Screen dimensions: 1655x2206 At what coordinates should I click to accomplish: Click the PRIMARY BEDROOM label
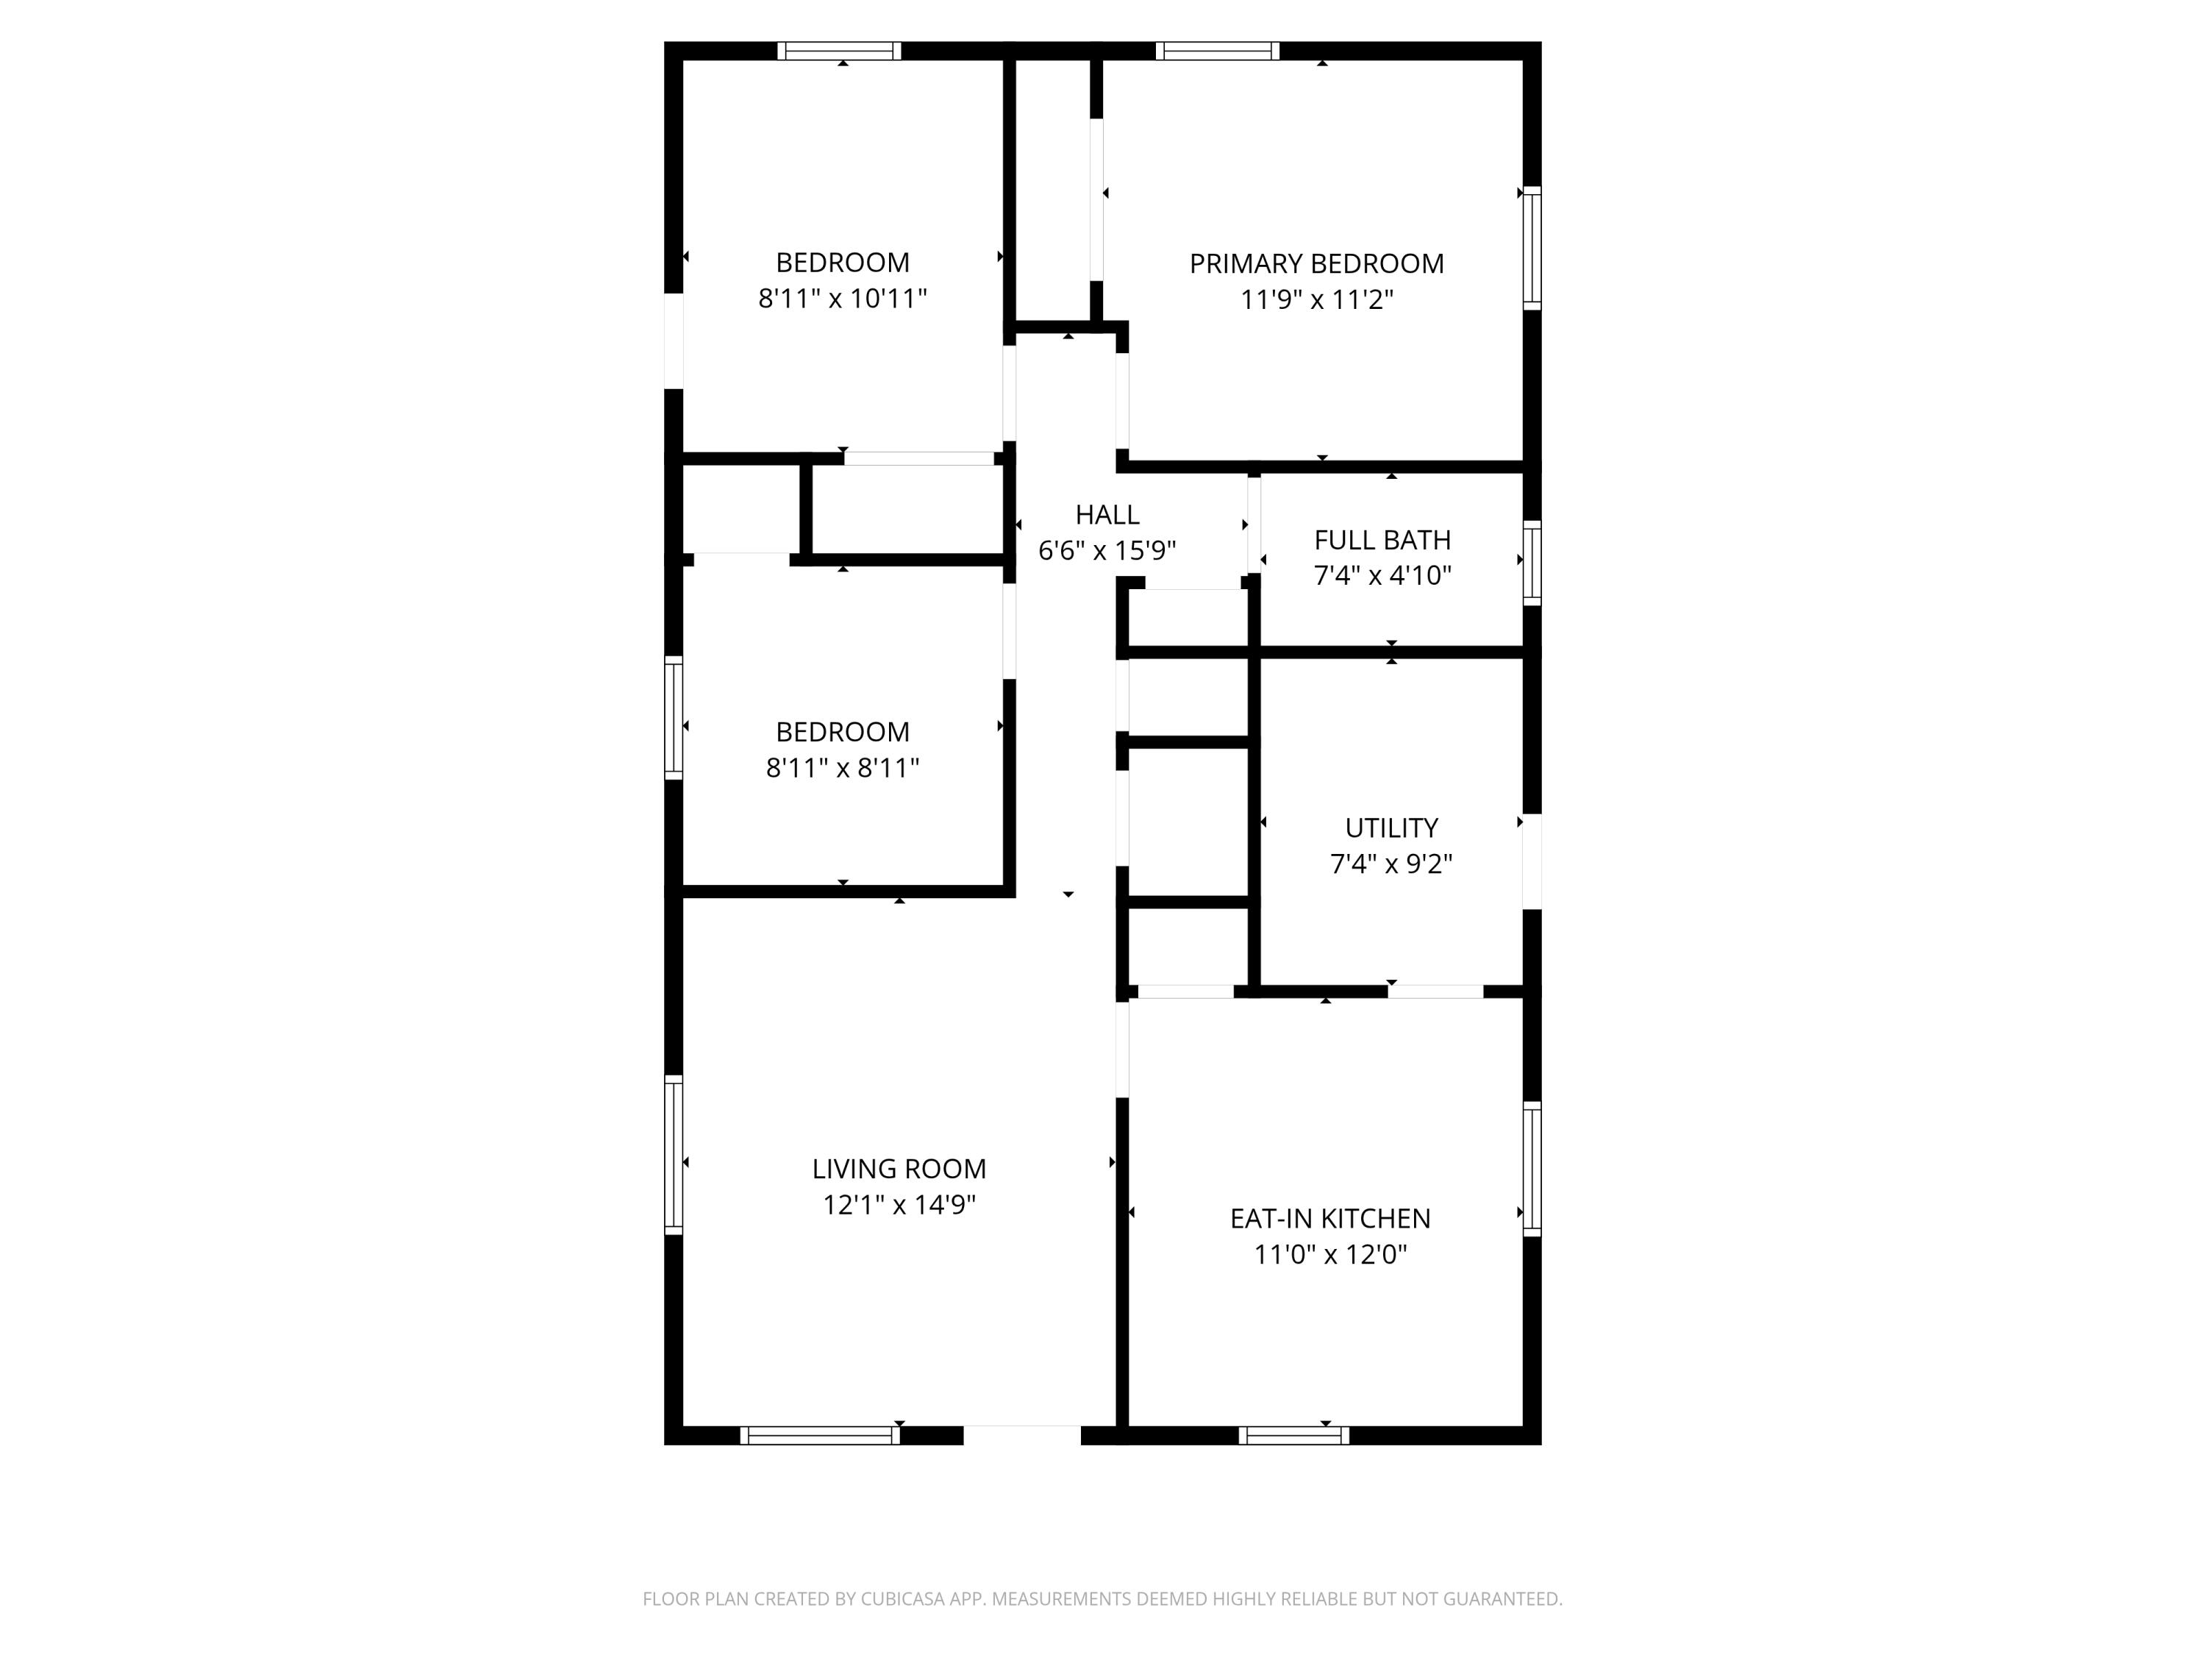[x=1316, y=263]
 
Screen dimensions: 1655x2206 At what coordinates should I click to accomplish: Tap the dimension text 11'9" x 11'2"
[x=1316, y=299]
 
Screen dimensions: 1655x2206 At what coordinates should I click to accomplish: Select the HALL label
[x=1107, y=515]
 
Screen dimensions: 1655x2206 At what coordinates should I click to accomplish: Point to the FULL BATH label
[x=1382, y=540]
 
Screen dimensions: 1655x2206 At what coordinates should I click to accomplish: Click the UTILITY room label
[x=1391, y=828]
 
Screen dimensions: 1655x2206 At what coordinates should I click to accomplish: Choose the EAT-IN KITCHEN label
[x=1330, y=1218]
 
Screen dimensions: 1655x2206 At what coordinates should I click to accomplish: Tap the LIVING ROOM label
[x=899, y=1168]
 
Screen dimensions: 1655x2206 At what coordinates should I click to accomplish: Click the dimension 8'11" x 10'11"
[x=843, y=299]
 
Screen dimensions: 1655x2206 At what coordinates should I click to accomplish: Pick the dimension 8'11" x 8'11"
[x=843, y=767]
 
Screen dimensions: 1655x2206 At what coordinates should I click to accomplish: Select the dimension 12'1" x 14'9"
[x=899, y=1204]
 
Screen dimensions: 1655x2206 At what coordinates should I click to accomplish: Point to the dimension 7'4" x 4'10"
[x=1382, y=576]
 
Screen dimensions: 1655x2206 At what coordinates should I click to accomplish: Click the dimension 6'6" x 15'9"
[x=1107, y=551]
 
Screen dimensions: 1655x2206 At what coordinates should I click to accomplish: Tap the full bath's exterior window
[x=1532, y=563]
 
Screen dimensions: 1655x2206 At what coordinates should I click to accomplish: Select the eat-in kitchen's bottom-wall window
[x=1293, y=1436]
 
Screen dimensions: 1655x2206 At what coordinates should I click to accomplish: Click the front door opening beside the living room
[x=1022, y=1436]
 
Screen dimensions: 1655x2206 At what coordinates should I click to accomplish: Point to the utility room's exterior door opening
[x=1532, y=862]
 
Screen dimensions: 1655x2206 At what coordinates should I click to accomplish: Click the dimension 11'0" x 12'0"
[x=1330, y=1254]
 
